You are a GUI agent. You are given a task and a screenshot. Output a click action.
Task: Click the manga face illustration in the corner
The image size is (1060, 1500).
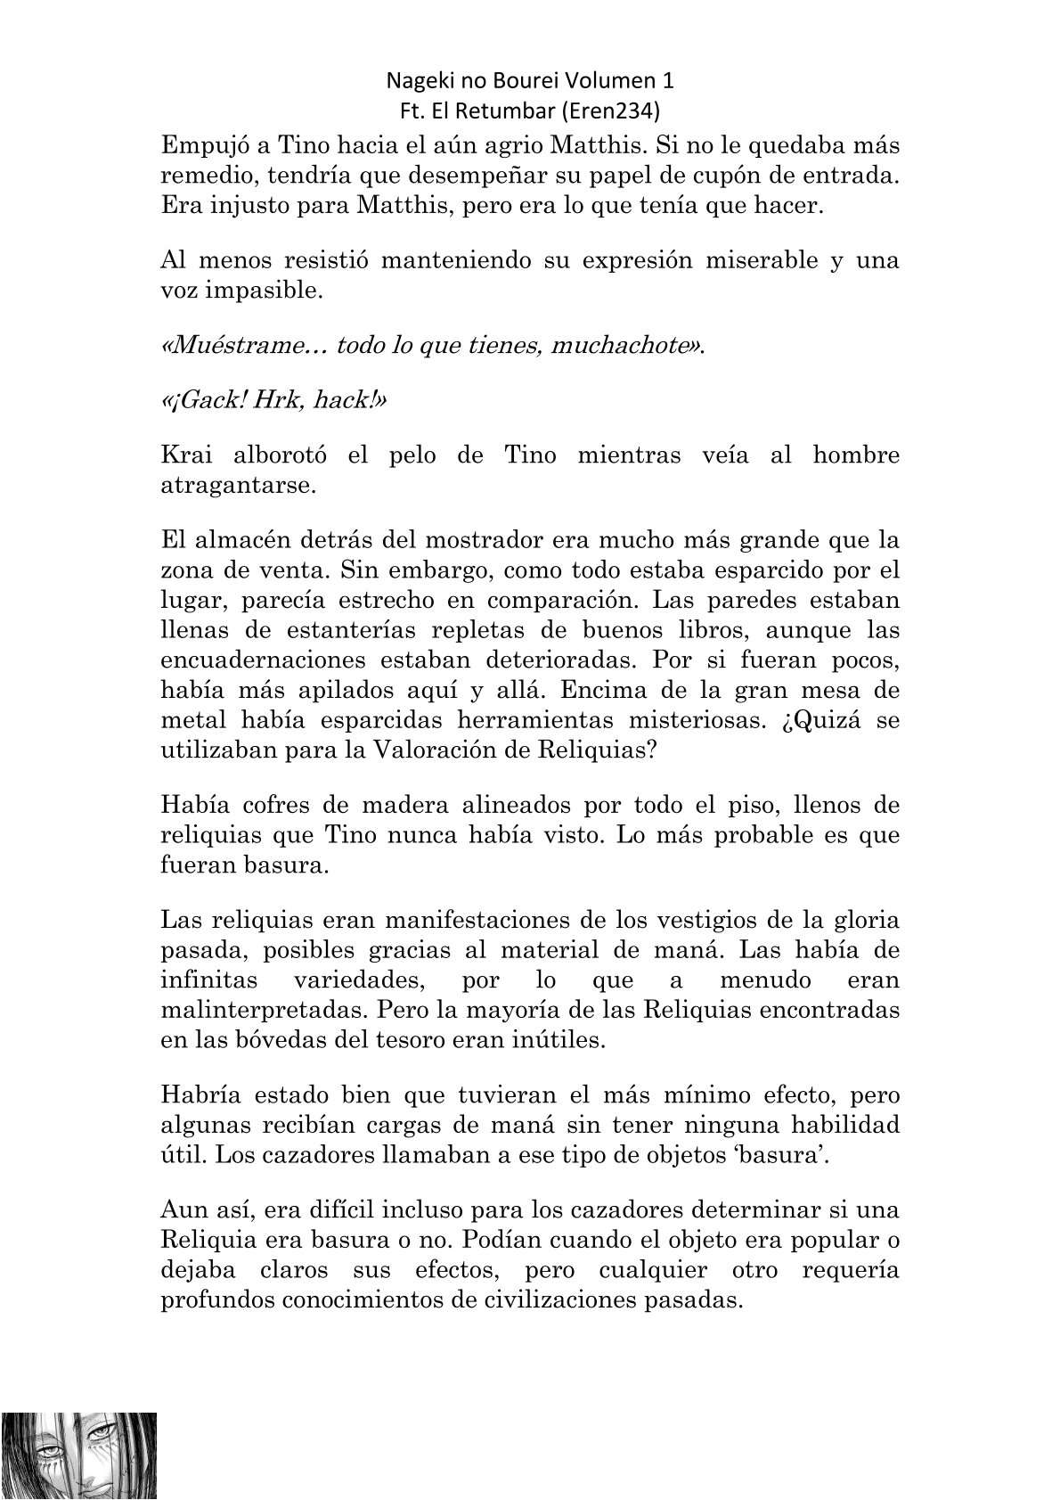coord(78,1455)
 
